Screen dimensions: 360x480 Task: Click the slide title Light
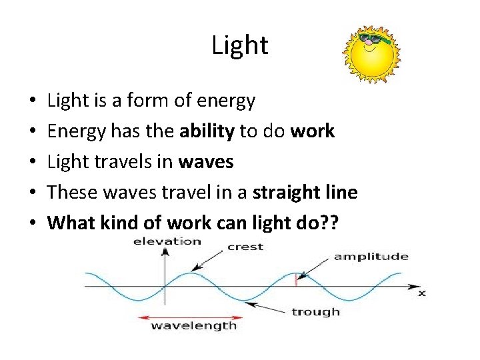pos(240,45)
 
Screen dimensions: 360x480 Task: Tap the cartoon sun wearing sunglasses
pos(371,55)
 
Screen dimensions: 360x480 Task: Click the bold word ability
pos(207,131)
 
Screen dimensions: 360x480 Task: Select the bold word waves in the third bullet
pos(206,162)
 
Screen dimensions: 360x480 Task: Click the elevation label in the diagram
pos(167,241)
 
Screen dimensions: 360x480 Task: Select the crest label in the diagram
pos(245,247)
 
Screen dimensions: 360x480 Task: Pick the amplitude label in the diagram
pos(371,257)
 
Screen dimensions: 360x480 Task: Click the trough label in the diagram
pos(315,311)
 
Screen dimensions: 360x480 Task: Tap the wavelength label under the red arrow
pos(193,326)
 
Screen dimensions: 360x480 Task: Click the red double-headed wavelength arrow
pos(193,316)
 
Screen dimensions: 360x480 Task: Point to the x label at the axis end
pos(421,293)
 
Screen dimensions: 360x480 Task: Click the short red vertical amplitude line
pos(296,280)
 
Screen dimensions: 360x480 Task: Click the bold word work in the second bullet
pos(313,131)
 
